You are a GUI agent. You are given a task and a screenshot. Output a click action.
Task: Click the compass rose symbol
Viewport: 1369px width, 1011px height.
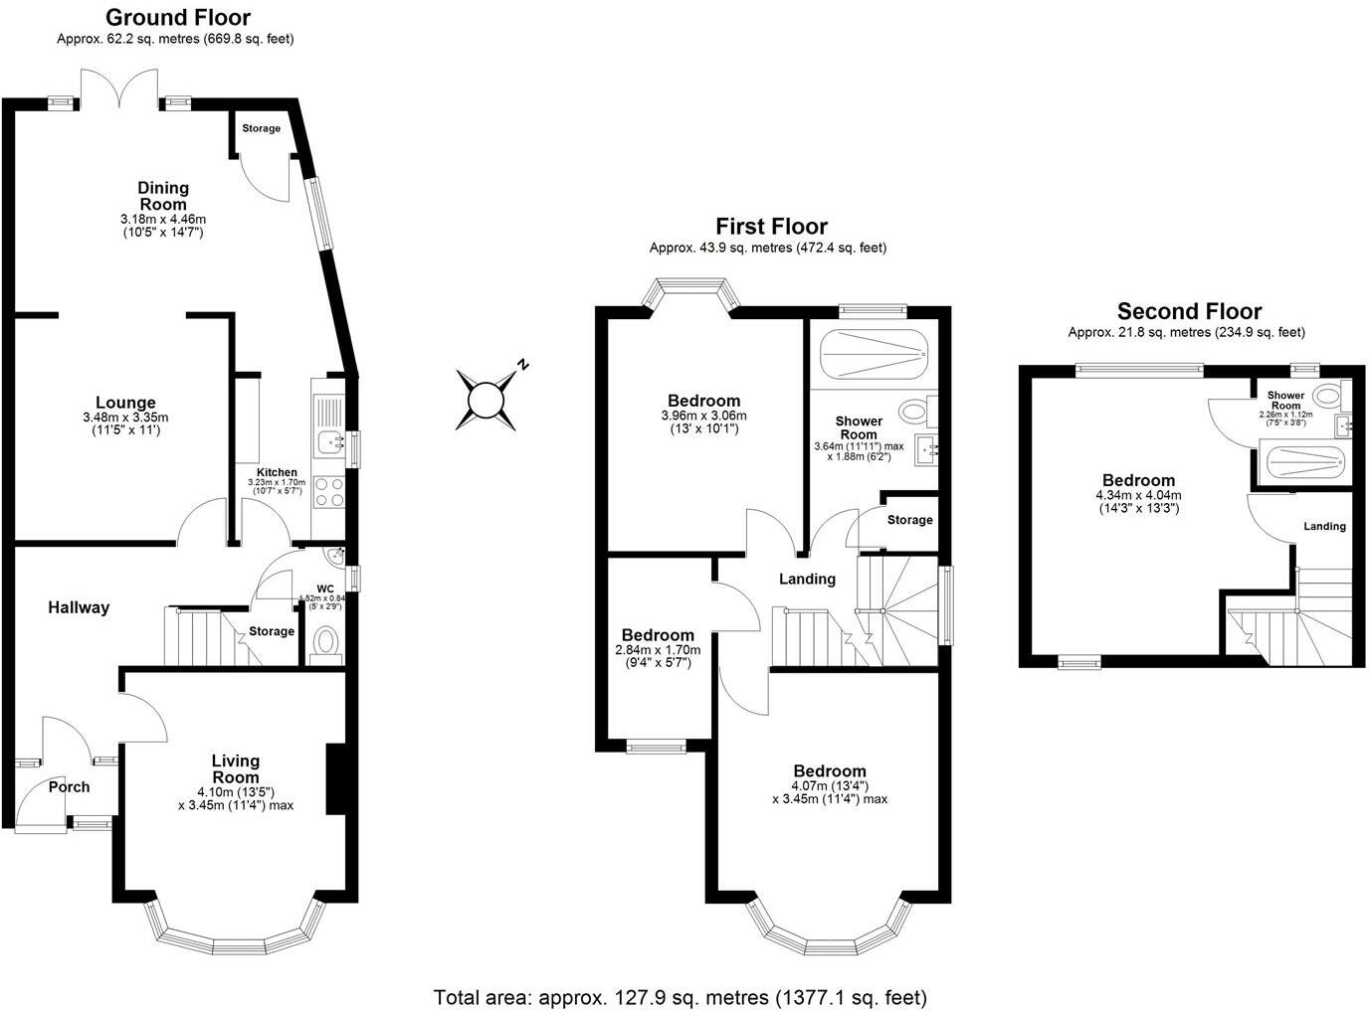click(x=487, y=400)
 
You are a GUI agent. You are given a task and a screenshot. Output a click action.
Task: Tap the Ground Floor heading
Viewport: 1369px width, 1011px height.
click(x=177, y=17)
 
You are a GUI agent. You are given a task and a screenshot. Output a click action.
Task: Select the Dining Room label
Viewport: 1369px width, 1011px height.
click(x=162, y=196)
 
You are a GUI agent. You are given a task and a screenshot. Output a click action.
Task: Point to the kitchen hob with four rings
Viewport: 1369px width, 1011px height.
click(x=327, y=493)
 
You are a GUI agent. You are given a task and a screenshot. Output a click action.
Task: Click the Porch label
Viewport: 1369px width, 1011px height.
click(x=69, y=786)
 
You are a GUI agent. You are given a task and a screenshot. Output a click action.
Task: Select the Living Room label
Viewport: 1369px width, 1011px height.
click(x=236, y=769)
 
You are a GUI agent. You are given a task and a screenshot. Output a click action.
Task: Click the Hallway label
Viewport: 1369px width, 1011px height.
click(x=79, y=607)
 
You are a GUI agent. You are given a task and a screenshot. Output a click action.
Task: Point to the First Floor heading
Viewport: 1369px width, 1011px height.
click(x=771, y=227)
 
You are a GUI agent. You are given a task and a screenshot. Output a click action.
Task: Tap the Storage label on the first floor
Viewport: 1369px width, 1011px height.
click(x=909, y=520)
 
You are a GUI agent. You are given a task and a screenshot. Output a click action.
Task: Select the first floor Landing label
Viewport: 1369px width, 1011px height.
click(x=807, y=579)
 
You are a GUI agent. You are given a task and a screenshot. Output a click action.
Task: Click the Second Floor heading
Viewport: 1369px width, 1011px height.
click(x=1189, y=311)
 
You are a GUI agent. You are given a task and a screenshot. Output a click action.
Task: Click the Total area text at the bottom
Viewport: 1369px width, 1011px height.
click(x=681, y=996)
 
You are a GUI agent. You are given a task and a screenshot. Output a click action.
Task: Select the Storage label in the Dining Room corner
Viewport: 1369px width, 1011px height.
click(x=261, y=128)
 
